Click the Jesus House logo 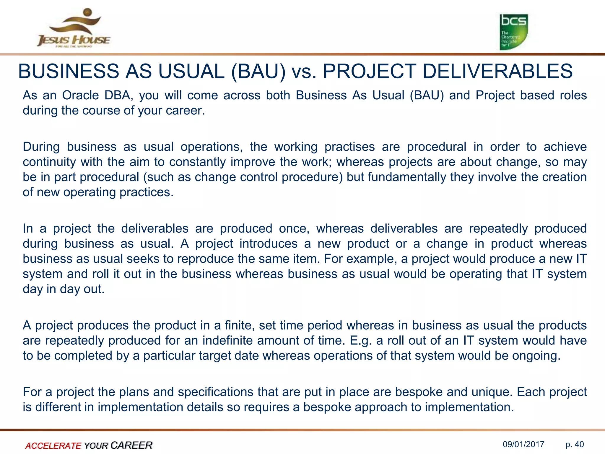pos(74,28)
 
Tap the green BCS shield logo pos(513,32)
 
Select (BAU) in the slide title pos(258,72)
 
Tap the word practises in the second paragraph pos(349,147)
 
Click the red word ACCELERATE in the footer pos(53,446)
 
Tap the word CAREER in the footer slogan pos(131,445)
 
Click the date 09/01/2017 pos(523,444)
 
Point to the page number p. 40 pos(575,444)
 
